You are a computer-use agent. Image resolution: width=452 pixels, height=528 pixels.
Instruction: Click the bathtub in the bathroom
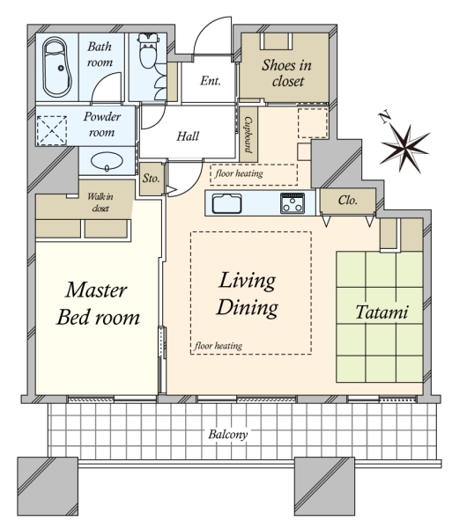57,68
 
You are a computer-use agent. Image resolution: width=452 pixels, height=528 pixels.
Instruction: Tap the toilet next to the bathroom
148,50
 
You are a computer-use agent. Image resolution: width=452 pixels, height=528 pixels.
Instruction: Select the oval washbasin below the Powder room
107,162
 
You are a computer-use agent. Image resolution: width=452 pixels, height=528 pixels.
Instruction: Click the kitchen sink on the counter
226,204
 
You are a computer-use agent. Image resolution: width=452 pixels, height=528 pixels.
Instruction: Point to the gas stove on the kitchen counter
293,203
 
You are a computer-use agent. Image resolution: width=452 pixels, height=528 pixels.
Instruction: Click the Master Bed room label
98,304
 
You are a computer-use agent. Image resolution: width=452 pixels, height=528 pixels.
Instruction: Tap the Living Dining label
248,294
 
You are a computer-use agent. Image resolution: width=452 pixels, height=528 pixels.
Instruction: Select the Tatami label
382,312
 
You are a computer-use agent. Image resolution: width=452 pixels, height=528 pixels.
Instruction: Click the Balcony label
228,434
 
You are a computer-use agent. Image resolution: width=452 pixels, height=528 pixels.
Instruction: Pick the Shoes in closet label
287,73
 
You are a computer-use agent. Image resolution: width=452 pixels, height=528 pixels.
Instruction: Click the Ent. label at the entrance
211,80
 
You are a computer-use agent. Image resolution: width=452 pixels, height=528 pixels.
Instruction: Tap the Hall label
188,136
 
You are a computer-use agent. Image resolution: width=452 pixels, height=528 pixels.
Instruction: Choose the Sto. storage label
151,178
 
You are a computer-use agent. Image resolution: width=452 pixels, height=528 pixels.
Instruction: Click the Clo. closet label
347,201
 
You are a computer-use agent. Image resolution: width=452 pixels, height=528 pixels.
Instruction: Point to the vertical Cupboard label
248,135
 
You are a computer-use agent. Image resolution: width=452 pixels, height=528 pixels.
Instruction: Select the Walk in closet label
100,202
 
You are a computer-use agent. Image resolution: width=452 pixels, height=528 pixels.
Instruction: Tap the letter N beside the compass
385,118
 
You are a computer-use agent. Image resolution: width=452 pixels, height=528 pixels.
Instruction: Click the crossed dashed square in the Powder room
52,130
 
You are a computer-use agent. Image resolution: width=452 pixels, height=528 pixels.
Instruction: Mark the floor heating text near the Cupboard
239,173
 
